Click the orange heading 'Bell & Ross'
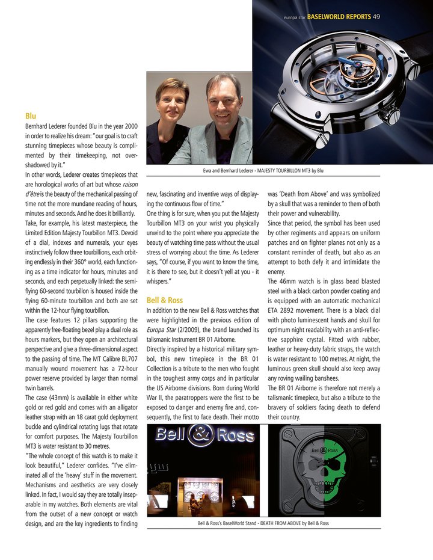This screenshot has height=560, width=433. tap(164, 300)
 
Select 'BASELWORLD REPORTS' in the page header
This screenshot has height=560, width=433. tap(339, 17)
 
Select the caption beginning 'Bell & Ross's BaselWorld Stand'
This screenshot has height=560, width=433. tap(263, 523)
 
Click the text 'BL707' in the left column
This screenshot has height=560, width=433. tap(129, 359)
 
